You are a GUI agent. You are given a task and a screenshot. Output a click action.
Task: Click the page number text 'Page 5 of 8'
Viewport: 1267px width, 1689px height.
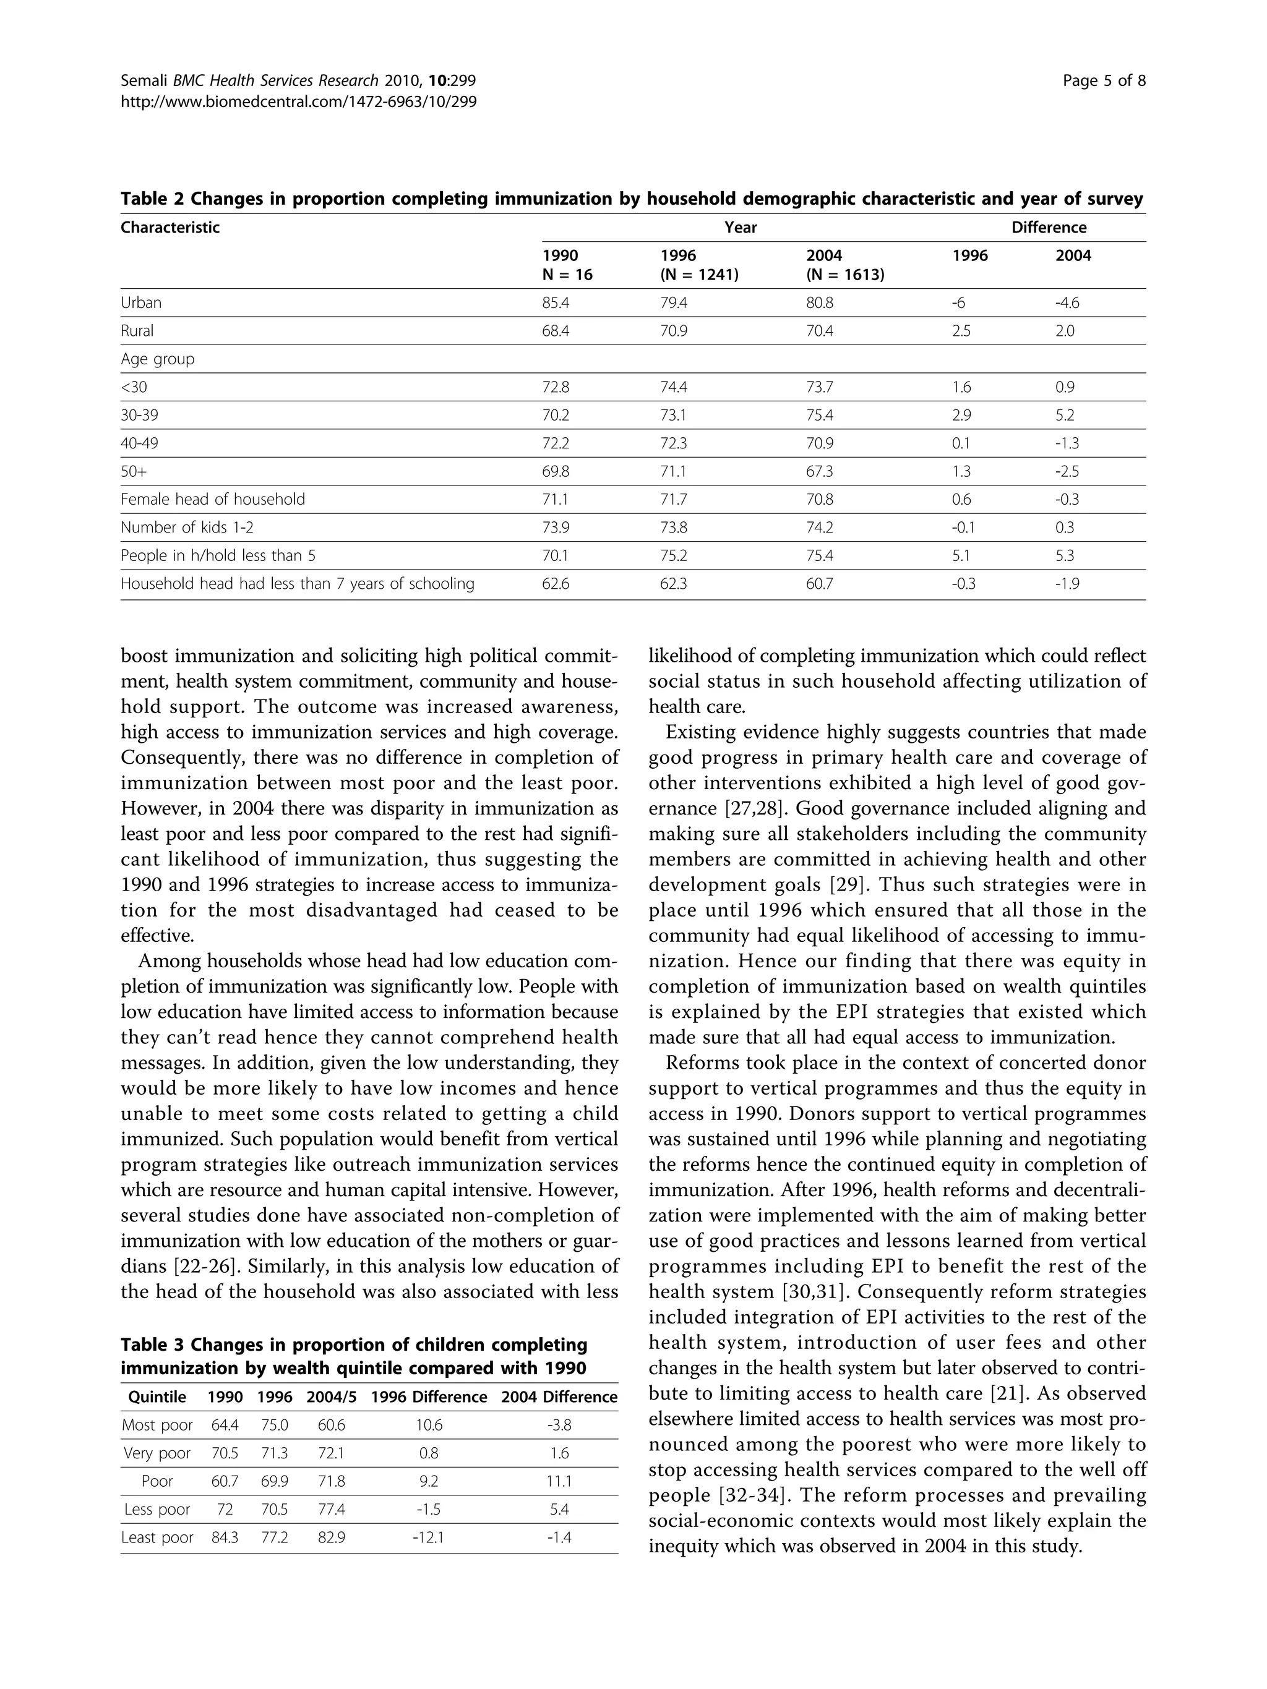pyautogui.click(x=1104, y=81)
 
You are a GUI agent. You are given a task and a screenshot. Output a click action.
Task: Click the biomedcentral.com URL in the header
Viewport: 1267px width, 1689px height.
pyautogui.click(x=299, y=101)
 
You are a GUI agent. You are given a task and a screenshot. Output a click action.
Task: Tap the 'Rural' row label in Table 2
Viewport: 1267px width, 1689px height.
pyautogui.click(x=137, y=331)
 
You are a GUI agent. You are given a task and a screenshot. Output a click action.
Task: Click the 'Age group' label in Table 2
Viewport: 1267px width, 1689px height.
pyautogui.click(x=157, y=359)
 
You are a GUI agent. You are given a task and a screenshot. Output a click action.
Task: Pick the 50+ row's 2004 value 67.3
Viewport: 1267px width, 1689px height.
pyautogui.click(x=820, y=471)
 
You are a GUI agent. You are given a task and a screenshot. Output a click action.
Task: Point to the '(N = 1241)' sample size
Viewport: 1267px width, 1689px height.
pyautogui.click(x=699, y=275)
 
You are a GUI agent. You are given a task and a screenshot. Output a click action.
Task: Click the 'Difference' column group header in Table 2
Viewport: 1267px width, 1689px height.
pyautogui.click(x=1049, y=228)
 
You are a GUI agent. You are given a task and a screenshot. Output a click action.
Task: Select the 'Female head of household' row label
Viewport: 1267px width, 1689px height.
pyautogui.click(x=212, y=499)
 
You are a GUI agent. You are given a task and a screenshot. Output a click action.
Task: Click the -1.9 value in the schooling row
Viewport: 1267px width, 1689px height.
pyautogui.click(x=1067, y=583)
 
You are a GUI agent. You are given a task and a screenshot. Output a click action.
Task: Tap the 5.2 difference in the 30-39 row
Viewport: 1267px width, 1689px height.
pyautogui.click(x=1065, y=416)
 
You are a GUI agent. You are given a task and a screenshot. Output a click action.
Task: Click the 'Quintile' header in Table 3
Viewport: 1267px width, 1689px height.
pyautogui.click(x=157, y=1397)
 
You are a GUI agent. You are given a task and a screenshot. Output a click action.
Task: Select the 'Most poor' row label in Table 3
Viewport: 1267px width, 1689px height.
pyautogui.click(x=157, y=1425)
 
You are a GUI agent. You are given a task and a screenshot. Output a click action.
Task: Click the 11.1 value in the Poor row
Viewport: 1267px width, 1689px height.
pyautogui.click(x=559, y=1481)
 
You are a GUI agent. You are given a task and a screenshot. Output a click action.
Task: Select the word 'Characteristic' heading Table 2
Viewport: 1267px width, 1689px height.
pyautogui.click(x=170, y=228)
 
